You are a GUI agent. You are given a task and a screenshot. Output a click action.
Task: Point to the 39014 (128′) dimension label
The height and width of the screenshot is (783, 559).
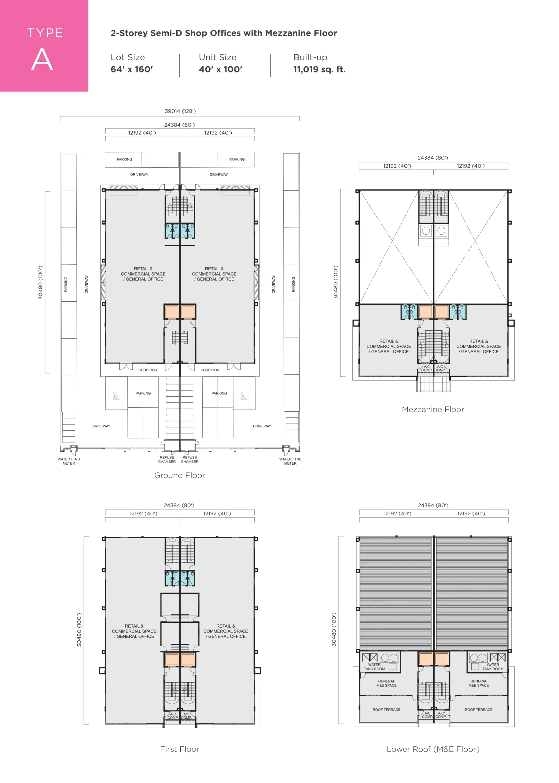(180, 111)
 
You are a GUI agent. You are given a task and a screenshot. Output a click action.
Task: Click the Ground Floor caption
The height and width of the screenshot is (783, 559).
(180, 475)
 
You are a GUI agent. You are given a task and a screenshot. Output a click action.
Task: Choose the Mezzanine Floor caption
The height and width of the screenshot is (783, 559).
(433, 409)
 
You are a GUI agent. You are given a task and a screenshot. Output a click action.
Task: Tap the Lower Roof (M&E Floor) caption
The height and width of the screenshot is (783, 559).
(433, 749)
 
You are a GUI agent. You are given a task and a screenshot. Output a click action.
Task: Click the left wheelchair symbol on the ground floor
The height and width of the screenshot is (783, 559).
(116, 396)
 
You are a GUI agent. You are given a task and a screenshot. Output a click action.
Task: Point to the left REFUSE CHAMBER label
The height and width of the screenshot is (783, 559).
(167, 459)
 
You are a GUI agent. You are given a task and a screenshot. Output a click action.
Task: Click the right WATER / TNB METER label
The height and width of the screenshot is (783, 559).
(290, 461)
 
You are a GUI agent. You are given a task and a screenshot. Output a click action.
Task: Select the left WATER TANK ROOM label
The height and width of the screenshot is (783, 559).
(374, 667)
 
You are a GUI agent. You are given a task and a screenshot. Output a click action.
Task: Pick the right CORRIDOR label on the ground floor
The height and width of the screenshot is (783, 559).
(210, 370)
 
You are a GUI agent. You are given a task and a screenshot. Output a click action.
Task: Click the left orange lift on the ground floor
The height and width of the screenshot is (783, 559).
(171, 312)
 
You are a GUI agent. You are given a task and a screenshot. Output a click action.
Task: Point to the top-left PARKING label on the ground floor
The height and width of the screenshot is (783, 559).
(124, 159)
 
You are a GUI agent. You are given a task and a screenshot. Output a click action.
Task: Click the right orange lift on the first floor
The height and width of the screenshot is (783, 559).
(188, 659)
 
